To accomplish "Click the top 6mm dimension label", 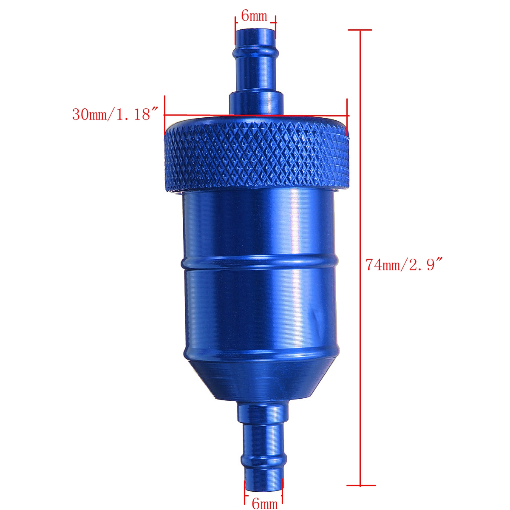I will [254, 16].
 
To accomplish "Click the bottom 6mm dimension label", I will [264, 504].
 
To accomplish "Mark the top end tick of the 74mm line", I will [360, 30].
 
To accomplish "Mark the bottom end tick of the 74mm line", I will [361, 484].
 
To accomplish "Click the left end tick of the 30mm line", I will [164, 115].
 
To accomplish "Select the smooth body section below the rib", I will [259, 310].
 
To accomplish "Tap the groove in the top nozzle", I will [255, 53].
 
